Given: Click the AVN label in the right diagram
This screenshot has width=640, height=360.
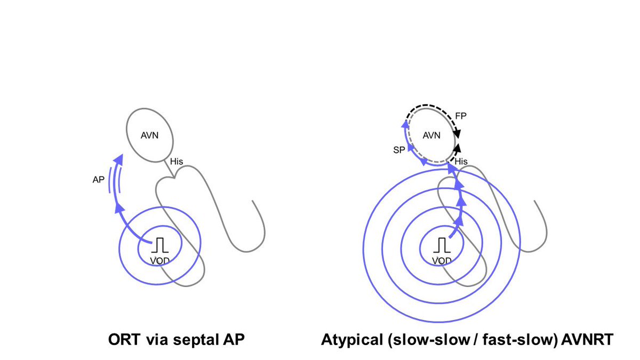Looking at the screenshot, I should click(431, 135).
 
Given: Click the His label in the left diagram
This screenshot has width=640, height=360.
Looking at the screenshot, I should click(176, 161).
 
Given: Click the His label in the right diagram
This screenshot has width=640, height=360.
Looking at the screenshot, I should click(461, 161).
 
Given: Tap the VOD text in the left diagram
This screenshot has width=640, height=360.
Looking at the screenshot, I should click(159, 260).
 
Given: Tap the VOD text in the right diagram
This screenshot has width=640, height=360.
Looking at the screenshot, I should click(441, 260).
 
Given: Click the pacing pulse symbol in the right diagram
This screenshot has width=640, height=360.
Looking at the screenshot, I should click(441, 246).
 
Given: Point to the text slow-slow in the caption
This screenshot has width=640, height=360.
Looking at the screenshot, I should click(409, 340).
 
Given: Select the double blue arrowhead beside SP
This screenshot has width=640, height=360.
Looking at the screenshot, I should click(404, 126).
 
